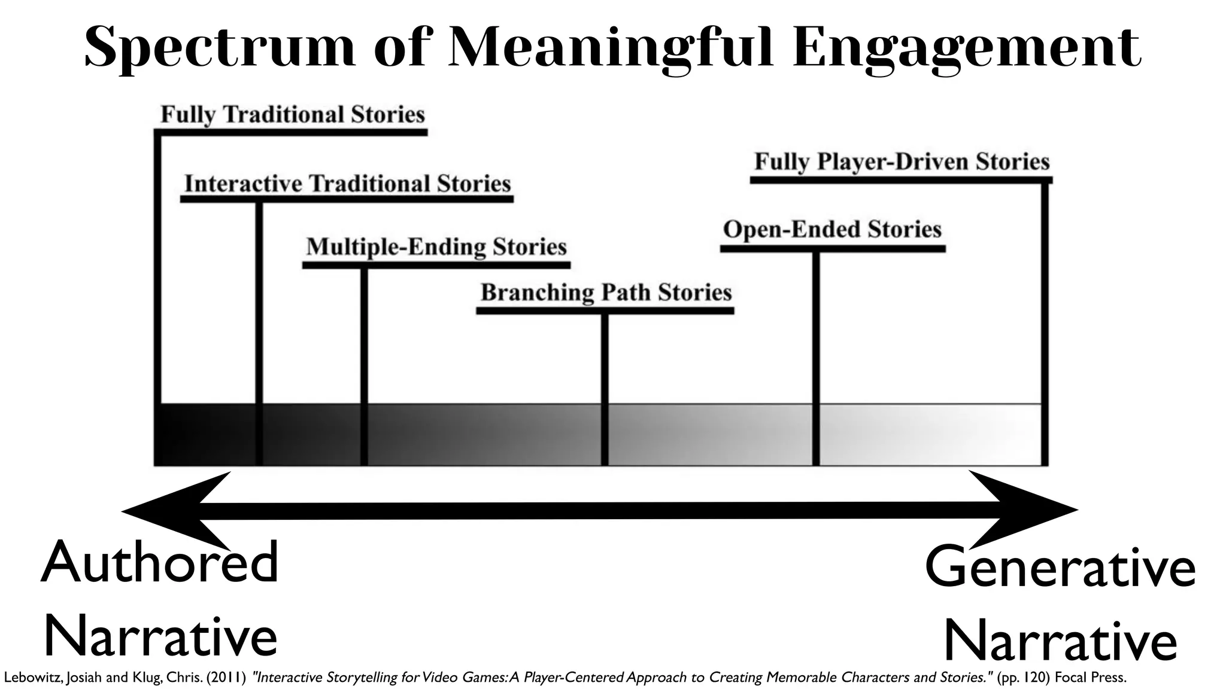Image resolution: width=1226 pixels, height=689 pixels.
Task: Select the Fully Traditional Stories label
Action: (293, 114)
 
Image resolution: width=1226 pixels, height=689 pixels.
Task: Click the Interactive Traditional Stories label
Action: (348, 184)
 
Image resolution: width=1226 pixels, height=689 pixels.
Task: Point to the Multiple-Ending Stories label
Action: (436, 246)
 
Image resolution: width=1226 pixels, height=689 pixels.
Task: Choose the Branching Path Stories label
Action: (606, 292)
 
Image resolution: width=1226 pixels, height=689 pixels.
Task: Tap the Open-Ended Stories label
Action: (832, 229)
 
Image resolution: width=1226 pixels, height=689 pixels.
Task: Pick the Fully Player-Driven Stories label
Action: (902, 161)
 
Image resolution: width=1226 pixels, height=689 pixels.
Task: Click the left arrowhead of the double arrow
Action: (174, 511)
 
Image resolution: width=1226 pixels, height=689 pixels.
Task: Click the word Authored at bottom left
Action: (160, 562)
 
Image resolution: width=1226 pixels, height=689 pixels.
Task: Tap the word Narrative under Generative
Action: (1060, 640)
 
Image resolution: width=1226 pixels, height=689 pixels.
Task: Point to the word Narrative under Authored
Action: (160, 636)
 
